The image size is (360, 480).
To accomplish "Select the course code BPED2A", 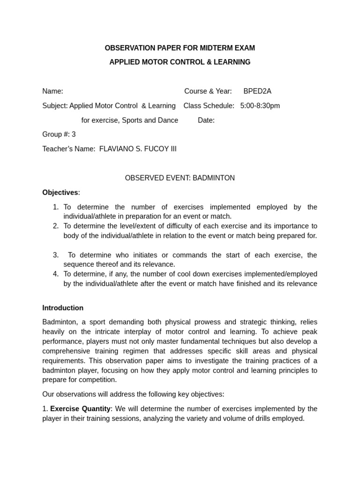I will click(x=257, y=91).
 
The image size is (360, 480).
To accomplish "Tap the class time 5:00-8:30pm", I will click(x=260, y=105).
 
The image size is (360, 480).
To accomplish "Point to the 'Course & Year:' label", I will click(x=208, y=91).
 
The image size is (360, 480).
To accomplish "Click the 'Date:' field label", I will click(x=206, y=120).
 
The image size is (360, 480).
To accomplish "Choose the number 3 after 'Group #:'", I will click(x=74, y=135).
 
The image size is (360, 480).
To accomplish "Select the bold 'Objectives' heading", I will click(x=60, y=193).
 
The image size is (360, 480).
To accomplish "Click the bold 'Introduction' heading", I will click(x=63, y=308).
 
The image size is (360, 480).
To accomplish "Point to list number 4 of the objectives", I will click(x=56, y=274).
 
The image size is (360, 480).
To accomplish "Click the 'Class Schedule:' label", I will click(x=209, y=105).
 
